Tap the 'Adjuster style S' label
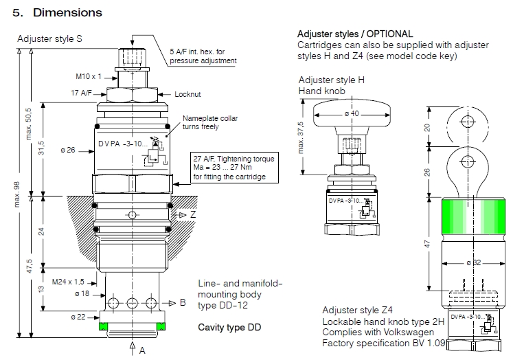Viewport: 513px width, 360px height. click(x=49, y=39)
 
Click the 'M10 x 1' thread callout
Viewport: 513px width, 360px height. click(x=89, y=76)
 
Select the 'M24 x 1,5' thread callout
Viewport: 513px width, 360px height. click(x=68, y=282)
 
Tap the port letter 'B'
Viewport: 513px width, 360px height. click(x=183, y=302)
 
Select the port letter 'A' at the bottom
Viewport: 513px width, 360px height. click(x=142, y=351)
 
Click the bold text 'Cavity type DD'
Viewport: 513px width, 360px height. click(x=229, y=327)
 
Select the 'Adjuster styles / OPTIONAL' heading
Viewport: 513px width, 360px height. click(x=355, y=34)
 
